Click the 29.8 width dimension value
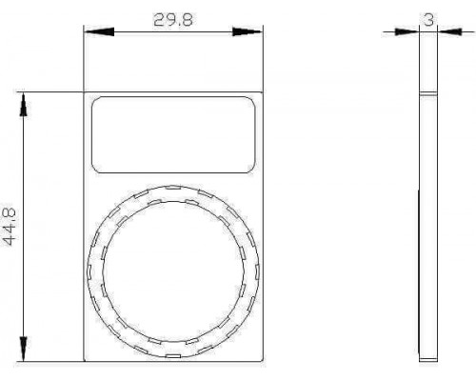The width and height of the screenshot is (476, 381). click(x=173, y=20)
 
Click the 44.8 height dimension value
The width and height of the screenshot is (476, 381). click(x=10, y=227)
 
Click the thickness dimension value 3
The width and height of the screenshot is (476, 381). click(x=428, y=20)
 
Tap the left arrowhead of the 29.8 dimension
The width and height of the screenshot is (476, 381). click(x=99, y=31)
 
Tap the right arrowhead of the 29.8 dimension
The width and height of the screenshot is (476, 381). click(x=248, y=31)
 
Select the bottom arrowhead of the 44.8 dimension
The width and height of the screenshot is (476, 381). click(x=23, y=349)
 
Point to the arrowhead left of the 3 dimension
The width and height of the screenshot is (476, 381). click(x=407, y=31)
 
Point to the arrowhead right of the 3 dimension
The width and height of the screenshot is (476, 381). click(x=449, y=31)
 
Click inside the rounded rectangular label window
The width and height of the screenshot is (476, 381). click(x=173, y=135)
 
